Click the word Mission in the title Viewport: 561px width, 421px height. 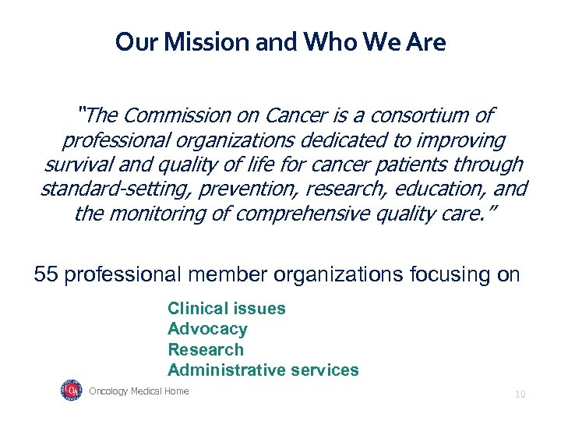195,41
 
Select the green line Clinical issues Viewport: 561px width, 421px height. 227,308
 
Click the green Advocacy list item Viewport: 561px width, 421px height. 207,329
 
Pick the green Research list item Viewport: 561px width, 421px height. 206,349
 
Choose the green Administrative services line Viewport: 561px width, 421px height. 263,370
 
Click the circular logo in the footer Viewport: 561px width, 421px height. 71,390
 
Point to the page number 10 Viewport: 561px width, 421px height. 520,394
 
